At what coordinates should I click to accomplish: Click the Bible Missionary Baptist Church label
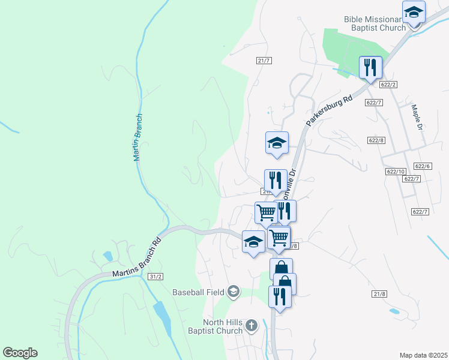(375, 23)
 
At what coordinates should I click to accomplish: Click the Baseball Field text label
(198, 293)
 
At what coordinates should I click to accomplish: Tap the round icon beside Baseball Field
(233, 292)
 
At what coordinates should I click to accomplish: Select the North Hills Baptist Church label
(222, 326)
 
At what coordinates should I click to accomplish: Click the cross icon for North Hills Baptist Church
(252, 326)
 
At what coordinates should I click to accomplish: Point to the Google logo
(20, 353)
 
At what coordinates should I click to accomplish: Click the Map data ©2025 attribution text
(423, 355)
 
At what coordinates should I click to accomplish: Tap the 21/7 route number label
(264, 61)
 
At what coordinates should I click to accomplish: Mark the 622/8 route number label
(376, 140)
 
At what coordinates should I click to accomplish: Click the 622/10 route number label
(396, 172)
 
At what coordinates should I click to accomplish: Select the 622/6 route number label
(423, 166)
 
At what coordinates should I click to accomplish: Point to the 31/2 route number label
(155, 276)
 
